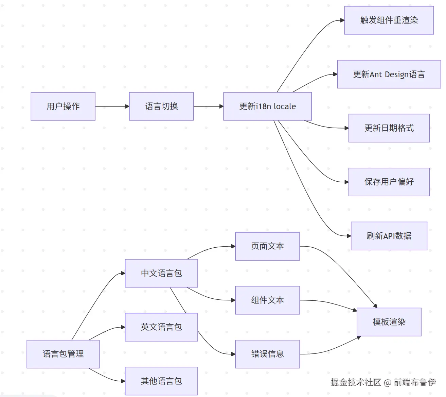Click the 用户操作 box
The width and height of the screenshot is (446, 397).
[x=63, y=106]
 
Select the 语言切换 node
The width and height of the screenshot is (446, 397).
[x=161, y=106]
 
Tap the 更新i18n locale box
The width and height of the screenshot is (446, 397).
[x=267, y=106]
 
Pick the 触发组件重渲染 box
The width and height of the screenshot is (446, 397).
[x=389, y=20]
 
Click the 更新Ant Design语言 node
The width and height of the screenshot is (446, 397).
[x=389, y=74]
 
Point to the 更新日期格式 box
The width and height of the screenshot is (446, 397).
[x=389, y=128]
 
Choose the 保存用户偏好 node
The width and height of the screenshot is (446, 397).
[x=389, y=182]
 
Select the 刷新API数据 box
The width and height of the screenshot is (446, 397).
[x=389, y=236]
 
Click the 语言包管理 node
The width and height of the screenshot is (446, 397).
[x=63, y=354]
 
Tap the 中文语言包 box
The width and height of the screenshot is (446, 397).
[x=161, y=273]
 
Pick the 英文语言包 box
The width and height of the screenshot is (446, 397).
[x=161, y=327]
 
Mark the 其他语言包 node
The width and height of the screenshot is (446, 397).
[x=161, y=381]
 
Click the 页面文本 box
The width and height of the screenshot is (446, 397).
[x=267, y=246]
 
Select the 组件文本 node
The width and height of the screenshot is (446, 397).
[x=267, y=300]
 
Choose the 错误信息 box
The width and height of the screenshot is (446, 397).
[x=267, y=354]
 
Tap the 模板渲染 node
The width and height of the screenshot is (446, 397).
[x=389, y=322]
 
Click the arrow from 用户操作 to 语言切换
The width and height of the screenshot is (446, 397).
[x=112, y=106]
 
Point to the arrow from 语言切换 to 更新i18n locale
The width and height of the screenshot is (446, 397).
[x=208, y=106]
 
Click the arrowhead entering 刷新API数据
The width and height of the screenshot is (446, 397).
[x=349, y=236]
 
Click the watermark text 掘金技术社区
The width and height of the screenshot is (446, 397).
[x=356, y=382]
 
